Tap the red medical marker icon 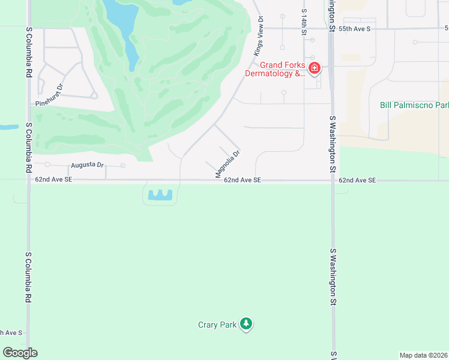click(314, 69)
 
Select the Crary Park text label click(217, 325)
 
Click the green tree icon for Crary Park click(246, 324)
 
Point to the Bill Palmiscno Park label click(414, 105)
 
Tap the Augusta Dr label click(87, 165)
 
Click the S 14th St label click(304, 20)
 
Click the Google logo click(20, 352)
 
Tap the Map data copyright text click(424, 355)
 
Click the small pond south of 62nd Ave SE click(160, 194)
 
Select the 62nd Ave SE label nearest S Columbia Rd click(53, 179)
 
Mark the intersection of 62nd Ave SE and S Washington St click(332, 180)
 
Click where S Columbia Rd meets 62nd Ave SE click(28, 179)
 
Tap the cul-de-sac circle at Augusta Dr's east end click(122, 165)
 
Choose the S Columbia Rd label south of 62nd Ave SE click(28, 277)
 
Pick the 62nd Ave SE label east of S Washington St click(357, 180)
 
